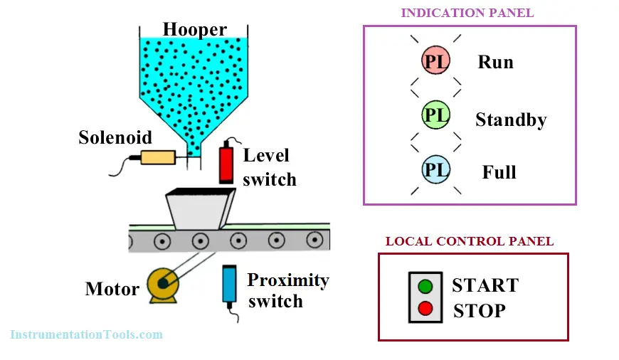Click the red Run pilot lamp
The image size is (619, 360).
pyautogui.click(x=435, y=60)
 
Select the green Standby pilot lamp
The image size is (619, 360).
pyautogui.click(x=435, y=115)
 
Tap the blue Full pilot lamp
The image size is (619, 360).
pyautogui.click(x=435, y=169)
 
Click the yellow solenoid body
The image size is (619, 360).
pyautogui.click(x=158, y=157)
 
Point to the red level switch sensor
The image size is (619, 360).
pyautogui.click(x=226, y=164)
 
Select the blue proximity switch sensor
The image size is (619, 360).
pyautogui.click(x=229, y=285)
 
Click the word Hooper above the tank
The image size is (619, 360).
pyautogui.click(x=195, y=30)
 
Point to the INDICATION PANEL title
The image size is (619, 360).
pyautogui.click(x=467, y=13)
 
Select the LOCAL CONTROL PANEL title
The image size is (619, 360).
pyautogui.click(x=470, y=241)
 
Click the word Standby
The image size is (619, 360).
pyautogui.click(x=511, y=120)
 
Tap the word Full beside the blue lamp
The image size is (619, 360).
pyautogui.click(x=499, y=172)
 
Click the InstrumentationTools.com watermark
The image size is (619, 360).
pyautogui.click(x=87, y=334)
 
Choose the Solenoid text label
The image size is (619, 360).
pyautogui.click(x=115, y=137)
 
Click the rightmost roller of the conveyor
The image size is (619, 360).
pyautogui.click(x=314, y=240)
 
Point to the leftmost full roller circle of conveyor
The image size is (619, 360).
pyautogui.click(x=162, y=240)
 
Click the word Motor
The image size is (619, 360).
pyautogui.click(x=112, y=289)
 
